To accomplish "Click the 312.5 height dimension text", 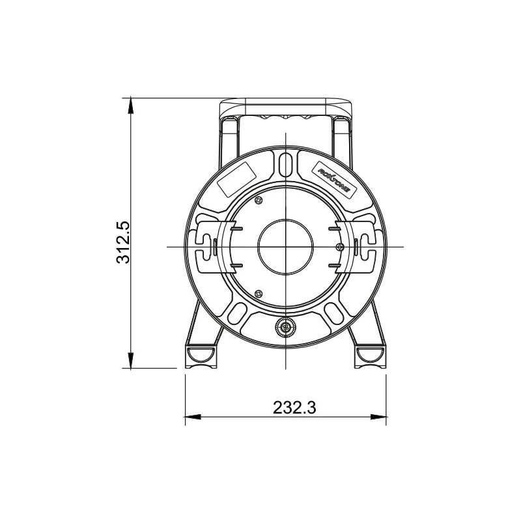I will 124,242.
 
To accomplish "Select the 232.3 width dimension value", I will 294,408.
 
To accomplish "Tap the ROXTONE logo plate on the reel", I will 333,178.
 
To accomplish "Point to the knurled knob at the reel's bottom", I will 285,329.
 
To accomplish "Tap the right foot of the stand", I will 370,355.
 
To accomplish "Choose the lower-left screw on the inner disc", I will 259,293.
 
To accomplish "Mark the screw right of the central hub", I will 339,246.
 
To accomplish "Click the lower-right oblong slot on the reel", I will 334,313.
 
